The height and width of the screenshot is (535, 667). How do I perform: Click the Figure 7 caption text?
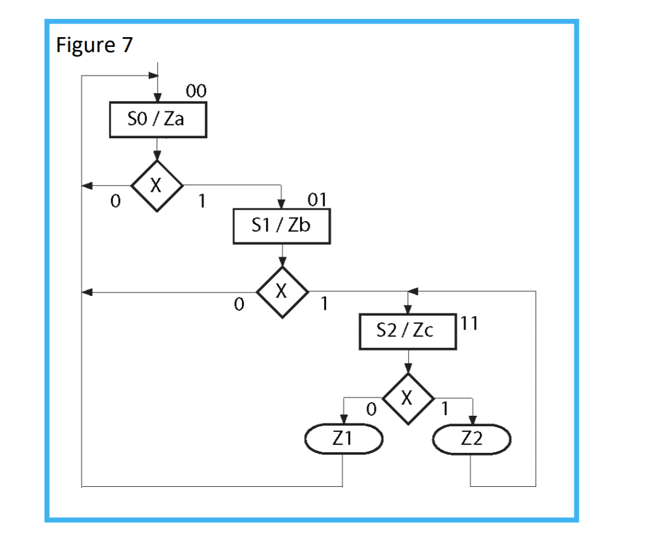coord(95,45)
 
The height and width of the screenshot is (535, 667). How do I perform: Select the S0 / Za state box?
coord(158,121)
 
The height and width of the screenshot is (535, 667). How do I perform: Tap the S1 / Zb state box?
coord(282,227)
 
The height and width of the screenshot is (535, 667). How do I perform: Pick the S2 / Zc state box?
coord(408,332)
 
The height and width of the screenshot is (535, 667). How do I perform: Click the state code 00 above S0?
coord(196,92)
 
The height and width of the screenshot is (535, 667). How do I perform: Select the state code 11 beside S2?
coord(469,324)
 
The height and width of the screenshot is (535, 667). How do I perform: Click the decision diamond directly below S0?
coord(156,186)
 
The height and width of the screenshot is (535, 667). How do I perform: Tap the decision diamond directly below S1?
coord(282,292)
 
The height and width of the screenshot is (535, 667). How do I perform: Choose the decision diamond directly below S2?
coord(408,398)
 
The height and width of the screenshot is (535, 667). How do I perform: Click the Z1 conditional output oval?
coord(343,440)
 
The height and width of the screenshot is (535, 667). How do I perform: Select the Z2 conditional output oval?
coord(471,440)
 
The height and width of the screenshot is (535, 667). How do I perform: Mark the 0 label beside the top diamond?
coord(115,201)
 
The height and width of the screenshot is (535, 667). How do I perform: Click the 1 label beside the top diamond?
coord(201,201)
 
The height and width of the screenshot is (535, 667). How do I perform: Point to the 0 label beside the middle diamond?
coord(239,304)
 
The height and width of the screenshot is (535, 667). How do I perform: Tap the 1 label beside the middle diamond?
coord(324,304)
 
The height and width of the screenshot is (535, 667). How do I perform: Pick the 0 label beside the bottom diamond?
coord(370,410)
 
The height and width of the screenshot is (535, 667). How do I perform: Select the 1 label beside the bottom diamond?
coord(445,410)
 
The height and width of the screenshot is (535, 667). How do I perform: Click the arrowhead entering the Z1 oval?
coord(343,421)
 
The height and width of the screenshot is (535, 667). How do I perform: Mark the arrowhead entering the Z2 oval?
coord(471,421)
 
